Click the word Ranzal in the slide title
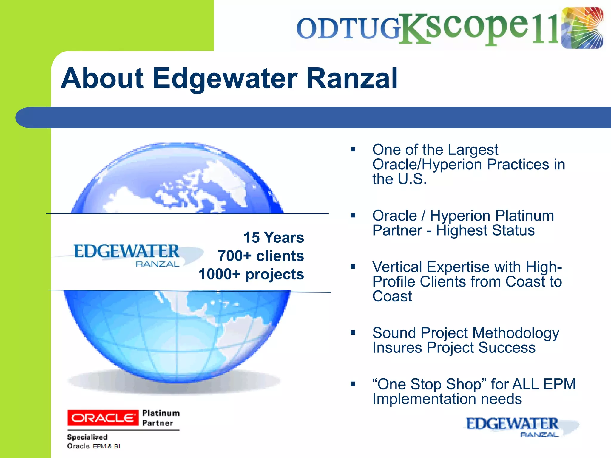(x=352, y=78)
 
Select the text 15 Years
(x=274, y=238)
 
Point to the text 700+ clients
(x=261, y=256)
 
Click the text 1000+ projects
(x=251, y=274)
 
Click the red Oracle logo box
(x=103, y=418)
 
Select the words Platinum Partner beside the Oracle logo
(x=161, y=418)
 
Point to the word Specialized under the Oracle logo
(x=87, y=437)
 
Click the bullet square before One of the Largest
(x=353, y=149)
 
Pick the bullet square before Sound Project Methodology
(x=353, y=333)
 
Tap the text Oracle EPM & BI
(x=93, y=446)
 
